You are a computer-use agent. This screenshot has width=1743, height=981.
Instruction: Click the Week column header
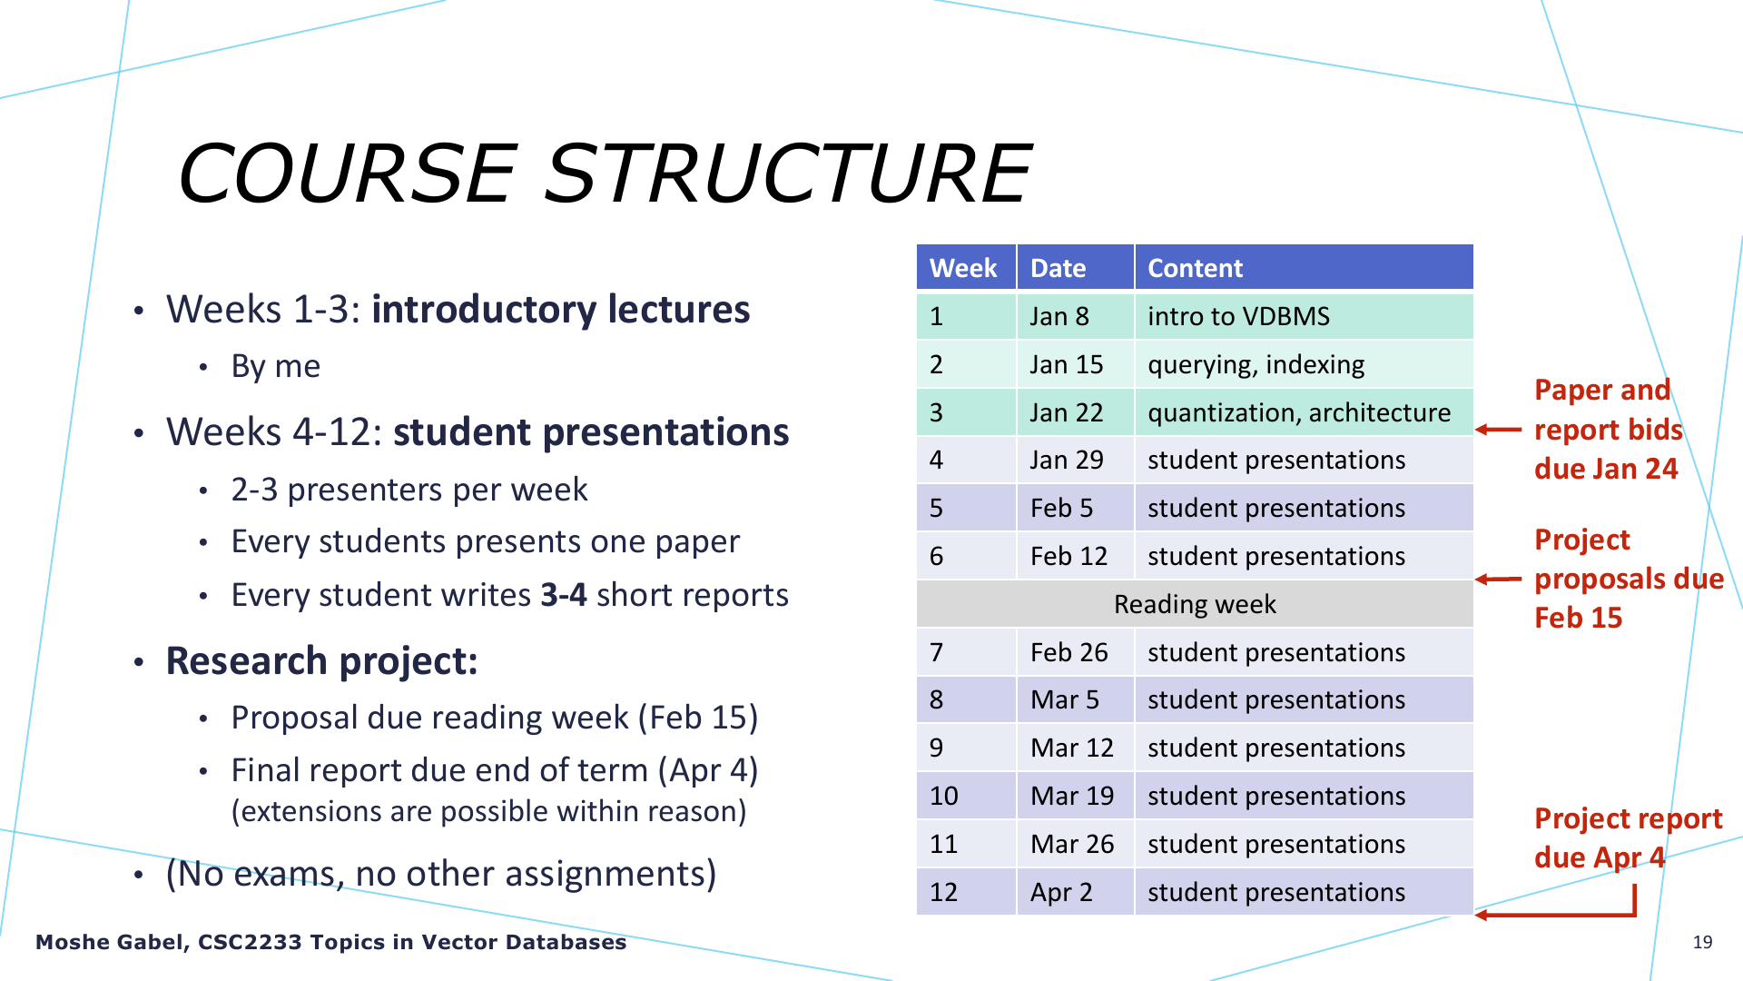click(966, 268)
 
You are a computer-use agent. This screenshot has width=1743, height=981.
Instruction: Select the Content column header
click(1304, 268)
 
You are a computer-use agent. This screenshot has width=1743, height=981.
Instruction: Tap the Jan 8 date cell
click(1076, 316)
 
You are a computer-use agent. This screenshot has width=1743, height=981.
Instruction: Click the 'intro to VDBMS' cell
click(1304, 316)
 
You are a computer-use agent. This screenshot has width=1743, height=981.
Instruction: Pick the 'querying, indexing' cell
click(1304, 364)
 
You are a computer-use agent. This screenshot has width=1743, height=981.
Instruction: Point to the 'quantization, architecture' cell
click(1304, 412)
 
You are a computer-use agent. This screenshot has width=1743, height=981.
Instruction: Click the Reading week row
click(1195, 604)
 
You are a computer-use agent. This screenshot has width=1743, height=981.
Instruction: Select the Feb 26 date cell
click(1076, 652)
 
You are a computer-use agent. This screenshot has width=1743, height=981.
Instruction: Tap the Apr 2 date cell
click(1076, 892)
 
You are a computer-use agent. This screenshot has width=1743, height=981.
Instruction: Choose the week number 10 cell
click(966, 796)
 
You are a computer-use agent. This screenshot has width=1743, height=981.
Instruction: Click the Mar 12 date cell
click(1076, 748)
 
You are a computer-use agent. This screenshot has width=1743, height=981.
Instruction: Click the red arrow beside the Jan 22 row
click(1498, 430)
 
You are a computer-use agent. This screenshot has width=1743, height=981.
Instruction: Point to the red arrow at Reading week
click(1498, 579)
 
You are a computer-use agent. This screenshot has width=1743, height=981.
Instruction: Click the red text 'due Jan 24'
click(1606, 469)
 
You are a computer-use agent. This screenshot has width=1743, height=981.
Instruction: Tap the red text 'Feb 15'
click(1578, 618)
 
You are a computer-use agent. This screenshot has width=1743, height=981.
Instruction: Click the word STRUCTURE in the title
click(788, 173)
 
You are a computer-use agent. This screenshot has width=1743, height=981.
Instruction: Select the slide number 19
click(1702, 942)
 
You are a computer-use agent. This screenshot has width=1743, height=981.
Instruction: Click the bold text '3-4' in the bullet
click(563, 595)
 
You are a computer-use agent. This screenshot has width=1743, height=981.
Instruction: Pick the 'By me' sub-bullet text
click(276, 366)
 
